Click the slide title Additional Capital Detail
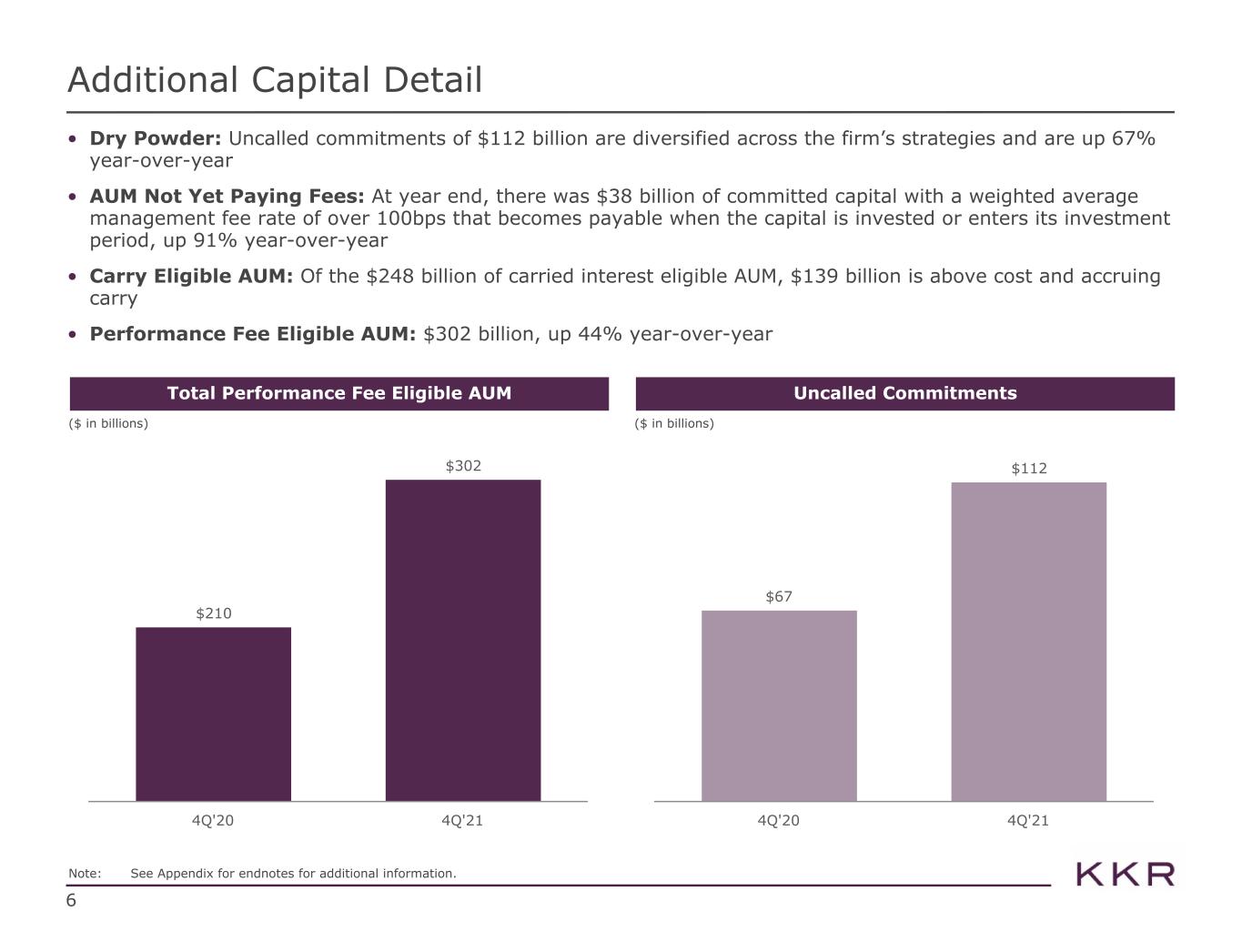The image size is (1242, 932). [275, 79]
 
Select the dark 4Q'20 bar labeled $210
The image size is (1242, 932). [213, 714]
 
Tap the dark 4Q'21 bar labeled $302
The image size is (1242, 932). [463, 641]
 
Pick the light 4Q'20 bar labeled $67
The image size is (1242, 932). [779, 705]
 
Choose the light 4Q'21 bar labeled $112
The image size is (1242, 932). [1029, 642]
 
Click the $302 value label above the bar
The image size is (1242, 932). [463, 466]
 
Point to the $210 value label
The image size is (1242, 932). [213, 613]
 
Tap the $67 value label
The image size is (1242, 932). [779, 596]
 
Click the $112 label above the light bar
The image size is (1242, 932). [1029, 469]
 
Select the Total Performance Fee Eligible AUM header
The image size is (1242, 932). [338, 393]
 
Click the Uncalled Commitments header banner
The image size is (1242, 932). [904, 393]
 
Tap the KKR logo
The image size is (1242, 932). [1125, 875]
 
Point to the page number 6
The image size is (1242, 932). [71, 900]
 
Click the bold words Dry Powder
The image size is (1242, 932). [155, 138]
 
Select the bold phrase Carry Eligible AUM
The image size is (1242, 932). [191, 276]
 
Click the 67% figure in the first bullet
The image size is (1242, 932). [1134, 138]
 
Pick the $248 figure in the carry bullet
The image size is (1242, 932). [389, 276]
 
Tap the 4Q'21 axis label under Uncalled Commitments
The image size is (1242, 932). [1027, 821]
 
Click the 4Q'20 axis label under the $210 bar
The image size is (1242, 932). [213, 821]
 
